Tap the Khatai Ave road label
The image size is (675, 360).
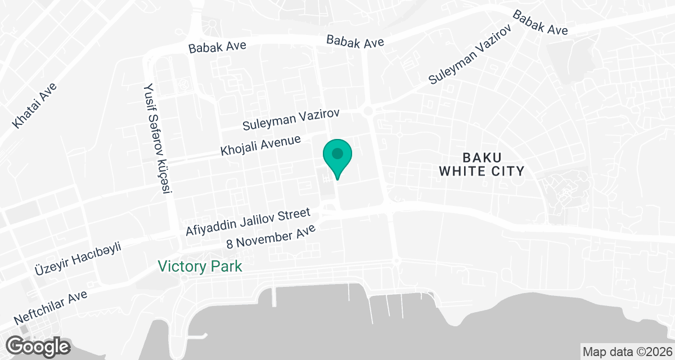coord(35,106)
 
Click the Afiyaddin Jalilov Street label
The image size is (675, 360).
coord(248,222)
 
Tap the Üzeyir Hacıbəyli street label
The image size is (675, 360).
coord(78,258)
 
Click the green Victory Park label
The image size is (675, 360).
coord(200,266)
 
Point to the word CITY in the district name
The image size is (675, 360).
coord(508,171)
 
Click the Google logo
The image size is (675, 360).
coord(38,345)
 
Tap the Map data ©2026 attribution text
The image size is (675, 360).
coord(627,352)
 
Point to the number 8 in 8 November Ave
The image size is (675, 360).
coord(229,244)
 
